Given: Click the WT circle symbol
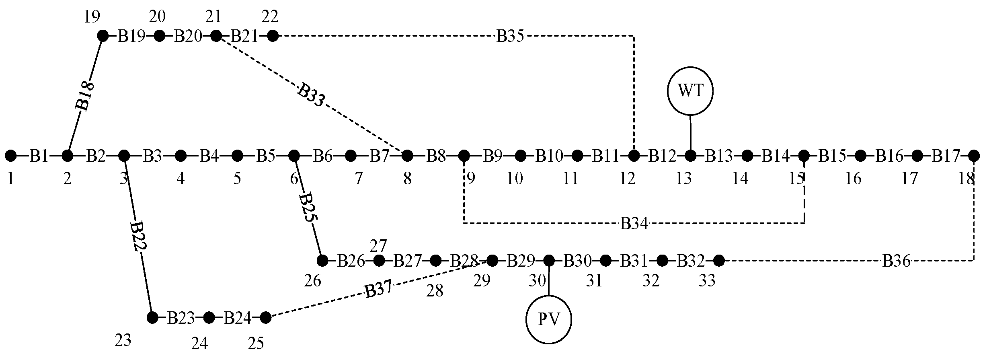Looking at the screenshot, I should click(690, 91).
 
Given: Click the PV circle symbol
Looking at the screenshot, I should click(549, 320).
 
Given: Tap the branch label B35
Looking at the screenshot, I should click(510, 37).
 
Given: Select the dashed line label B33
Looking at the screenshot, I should click(310, 95).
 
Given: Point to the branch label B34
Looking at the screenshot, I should click(634, 223).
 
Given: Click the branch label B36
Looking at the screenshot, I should click(896, 261).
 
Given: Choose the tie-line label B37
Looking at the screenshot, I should click(378, 290).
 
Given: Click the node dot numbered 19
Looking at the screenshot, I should click(103, 36).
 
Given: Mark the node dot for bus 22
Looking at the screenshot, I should click(273, 36).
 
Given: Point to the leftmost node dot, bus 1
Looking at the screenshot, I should click(11, 155).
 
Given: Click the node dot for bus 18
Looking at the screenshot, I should click(974, 155).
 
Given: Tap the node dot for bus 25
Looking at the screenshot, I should click(265, 318).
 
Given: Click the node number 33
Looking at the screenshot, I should click(707, 281).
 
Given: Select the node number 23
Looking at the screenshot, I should click(123, 341).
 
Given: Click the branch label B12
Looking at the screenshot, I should click(662, 155).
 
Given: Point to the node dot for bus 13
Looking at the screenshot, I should click(691, 155).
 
